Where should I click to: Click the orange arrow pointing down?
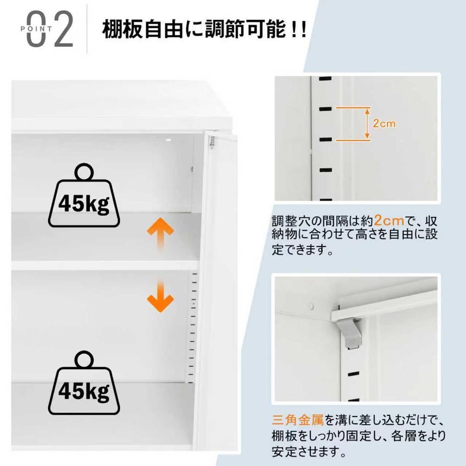coord(160,298)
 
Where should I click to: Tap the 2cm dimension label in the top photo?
coord(384,124)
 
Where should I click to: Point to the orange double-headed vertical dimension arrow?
coord(367,124)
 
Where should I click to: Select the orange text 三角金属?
coord(298,419)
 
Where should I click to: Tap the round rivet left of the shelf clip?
coord(311,307)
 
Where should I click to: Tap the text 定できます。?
coord(302,251)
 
